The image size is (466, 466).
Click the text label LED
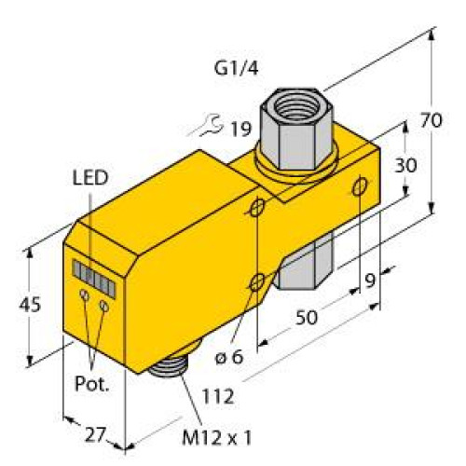click(x=90, y=178)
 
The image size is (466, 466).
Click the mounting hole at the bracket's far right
click(x=359, y=188)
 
